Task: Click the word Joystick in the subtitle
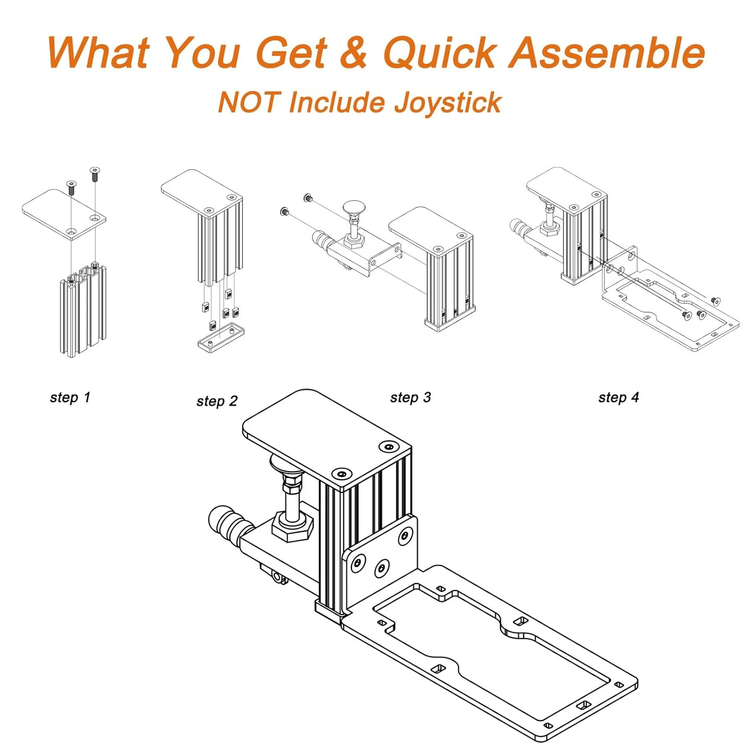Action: [447, 104]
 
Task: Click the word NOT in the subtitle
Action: [248, 102]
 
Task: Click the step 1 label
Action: [70, 398]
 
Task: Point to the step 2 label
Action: [217, 401]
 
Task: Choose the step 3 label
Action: [411, 398]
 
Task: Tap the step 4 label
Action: [618, 398]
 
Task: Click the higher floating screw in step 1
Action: [95, 174]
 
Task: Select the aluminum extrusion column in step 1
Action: [83, 310]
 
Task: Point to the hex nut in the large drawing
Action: [294, 526]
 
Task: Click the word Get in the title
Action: [292, 53]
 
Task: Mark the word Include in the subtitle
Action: [335, 102]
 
